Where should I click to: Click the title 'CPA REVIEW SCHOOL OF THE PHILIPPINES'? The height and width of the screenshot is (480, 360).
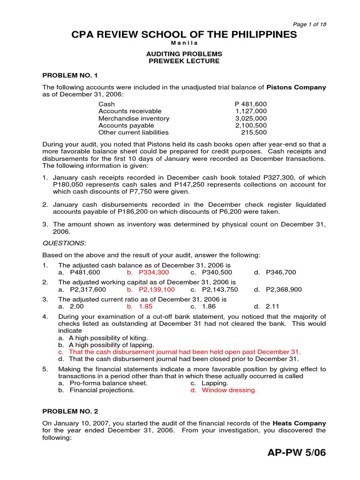[184, 35]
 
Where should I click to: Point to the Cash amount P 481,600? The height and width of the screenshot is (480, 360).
[251, 104]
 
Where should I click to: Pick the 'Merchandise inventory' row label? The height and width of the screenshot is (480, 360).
[134, 119]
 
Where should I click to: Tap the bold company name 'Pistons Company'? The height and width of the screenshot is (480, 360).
[296, 87]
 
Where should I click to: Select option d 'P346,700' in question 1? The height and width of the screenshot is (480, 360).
[280, 272]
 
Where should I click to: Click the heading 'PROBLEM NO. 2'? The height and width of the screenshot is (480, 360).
[70, 411]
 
